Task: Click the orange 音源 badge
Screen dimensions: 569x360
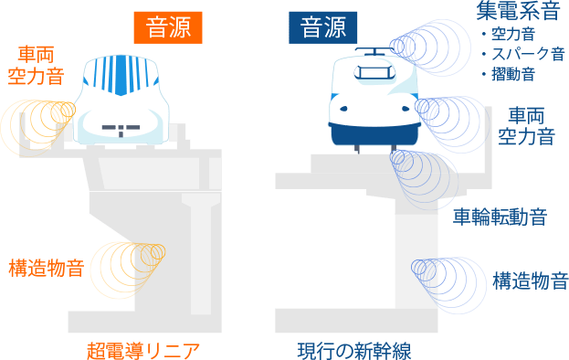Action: [168, 27]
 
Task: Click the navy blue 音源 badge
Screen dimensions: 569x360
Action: [323, 27]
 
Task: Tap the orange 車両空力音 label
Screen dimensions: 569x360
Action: [36, 65]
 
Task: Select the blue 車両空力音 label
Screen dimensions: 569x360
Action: [527, 126]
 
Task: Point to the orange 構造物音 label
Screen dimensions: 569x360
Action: [47, 268]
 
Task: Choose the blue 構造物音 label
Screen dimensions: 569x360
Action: [530, 281]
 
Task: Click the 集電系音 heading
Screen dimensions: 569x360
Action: [518, 11]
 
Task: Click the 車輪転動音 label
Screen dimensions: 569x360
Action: [501, 217]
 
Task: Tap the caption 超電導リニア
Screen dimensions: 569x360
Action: [143, 350]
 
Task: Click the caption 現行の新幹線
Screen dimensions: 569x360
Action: [354, 350]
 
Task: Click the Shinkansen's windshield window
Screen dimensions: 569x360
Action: [374, 72]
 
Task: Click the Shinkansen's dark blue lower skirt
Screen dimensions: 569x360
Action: [374, 134]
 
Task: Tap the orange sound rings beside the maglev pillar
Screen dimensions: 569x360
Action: [128, 270]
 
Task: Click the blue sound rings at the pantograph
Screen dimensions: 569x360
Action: [430, 48]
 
